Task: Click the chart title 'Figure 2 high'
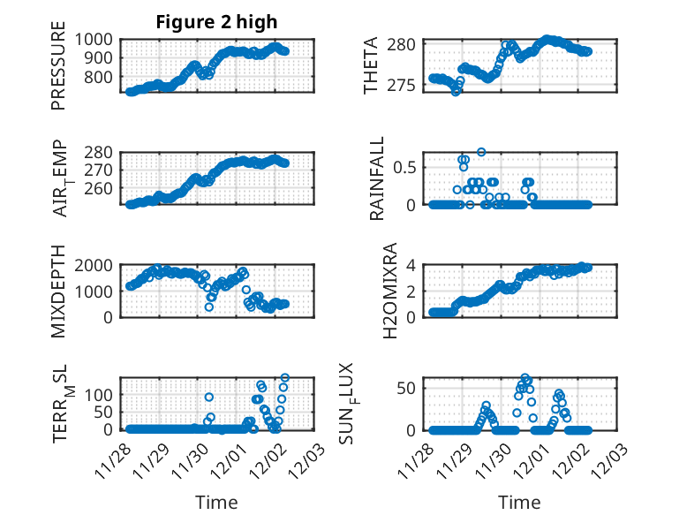click(216, 22)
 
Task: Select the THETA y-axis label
click(371, 65)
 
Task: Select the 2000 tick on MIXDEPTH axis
click(97, 265)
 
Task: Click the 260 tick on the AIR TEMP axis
click(101, 188)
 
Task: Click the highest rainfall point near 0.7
click(481, 152)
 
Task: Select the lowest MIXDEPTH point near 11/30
click(209, 307)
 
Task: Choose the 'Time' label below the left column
click(216, 503)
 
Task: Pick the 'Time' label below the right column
click(519, 503)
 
